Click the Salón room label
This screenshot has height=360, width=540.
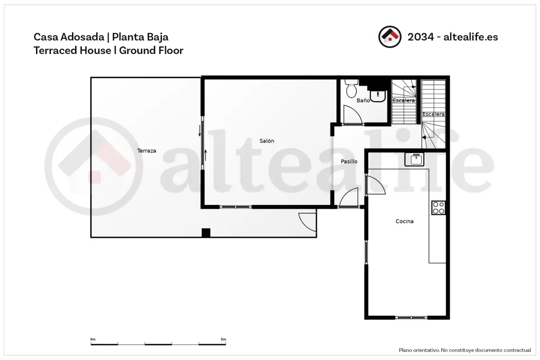point(266,141)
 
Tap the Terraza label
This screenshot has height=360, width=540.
point(147,151)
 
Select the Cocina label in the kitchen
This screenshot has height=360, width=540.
point(405,221)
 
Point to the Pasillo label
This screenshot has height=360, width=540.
point(349,161)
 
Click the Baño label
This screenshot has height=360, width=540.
point(363,100)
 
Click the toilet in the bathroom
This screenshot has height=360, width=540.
point(351,88)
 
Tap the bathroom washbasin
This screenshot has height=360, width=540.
point(378,96)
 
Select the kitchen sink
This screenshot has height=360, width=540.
point(414,159)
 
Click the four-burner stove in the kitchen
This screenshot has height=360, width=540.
point(438,207)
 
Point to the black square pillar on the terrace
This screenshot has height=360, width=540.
point(206,233)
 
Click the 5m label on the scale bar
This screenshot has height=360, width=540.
point(223,339)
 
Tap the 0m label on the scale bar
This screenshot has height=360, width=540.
point(93,339)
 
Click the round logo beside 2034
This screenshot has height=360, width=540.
point(390,37)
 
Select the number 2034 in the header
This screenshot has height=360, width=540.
point(421,37)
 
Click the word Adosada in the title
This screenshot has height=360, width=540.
point(82,37)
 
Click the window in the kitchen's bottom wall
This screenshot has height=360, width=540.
point(411,318)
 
